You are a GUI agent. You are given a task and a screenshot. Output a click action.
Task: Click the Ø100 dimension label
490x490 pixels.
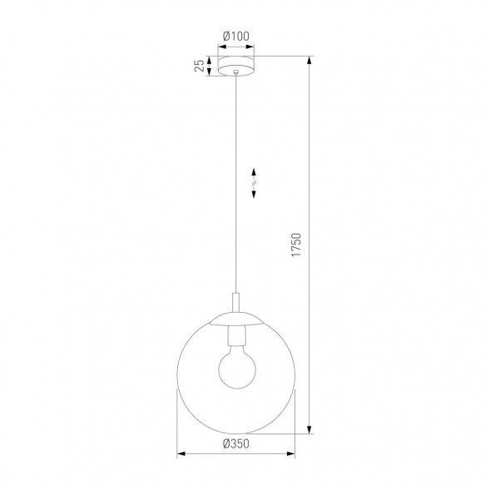coord(238,36)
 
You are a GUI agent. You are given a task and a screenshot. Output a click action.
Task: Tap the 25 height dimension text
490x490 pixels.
coord(200,67)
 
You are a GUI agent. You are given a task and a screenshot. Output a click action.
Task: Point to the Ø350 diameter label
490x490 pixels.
coord(237,443)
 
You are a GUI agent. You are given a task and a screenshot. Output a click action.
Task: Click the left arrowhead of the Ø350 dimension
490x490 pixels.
coord(182,454)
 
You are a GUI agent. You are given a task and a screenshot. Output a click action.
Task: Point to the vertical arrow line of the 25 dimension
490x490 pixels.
coord(210,67)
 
